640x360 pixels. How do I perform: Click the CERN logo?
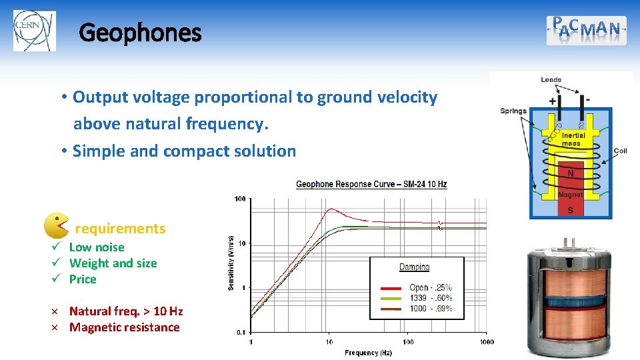35,31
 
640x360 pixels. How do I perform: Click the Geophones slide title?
140,32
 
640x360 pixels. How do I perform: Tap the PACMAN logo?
586,30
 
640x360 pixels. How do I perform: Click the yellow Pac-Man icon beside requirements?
56,226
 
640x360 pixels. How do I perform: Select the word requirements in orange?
120,229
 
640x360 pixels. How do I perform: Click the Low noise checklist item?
97,247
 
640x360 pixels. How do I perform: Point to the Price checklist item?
83,279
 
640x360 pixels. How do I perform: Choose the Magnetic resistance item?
124,327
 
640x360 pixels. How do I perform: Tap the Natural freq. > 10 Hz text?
126,311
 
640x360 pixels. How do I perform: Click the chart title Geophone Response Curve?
371,185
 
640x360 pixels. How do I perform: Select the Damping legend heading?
414,267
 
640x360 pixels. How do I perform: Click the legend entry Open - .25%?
430,288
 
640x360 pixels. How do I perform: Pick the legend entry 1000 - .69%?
430,309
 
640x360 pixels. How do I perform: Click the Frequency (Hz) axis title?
369,353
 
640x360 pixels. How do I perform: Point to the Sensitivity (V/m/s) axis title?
231,263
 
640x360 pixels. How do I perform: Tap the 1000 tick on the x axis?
486,342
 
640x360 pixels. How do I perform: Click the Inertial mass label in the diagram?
571,139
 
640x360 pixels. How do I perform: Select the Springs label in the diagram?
513,111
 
